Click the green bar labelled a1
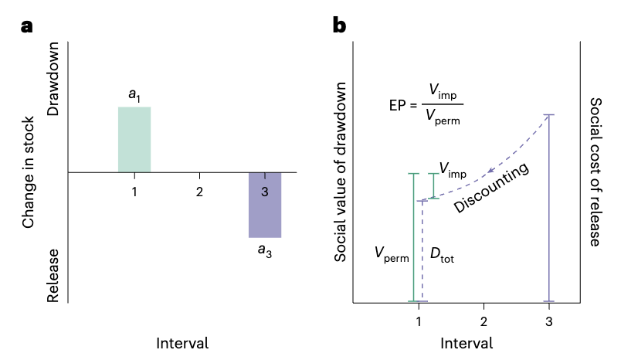[x=134, y=139]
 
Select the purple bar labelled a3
[x=265, y=205]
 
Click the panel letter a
[x=28, y=25]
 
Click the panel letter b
[x=339, y=25]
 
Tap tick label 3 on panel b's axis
[x=548, y=321]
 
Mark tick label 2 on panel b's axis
[x=484, y=321]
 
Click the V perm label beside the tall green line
[x=391, y=253]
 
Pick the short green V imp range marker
[x=434, y=186]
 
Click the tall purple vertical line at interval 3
[x=548, y=209]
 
